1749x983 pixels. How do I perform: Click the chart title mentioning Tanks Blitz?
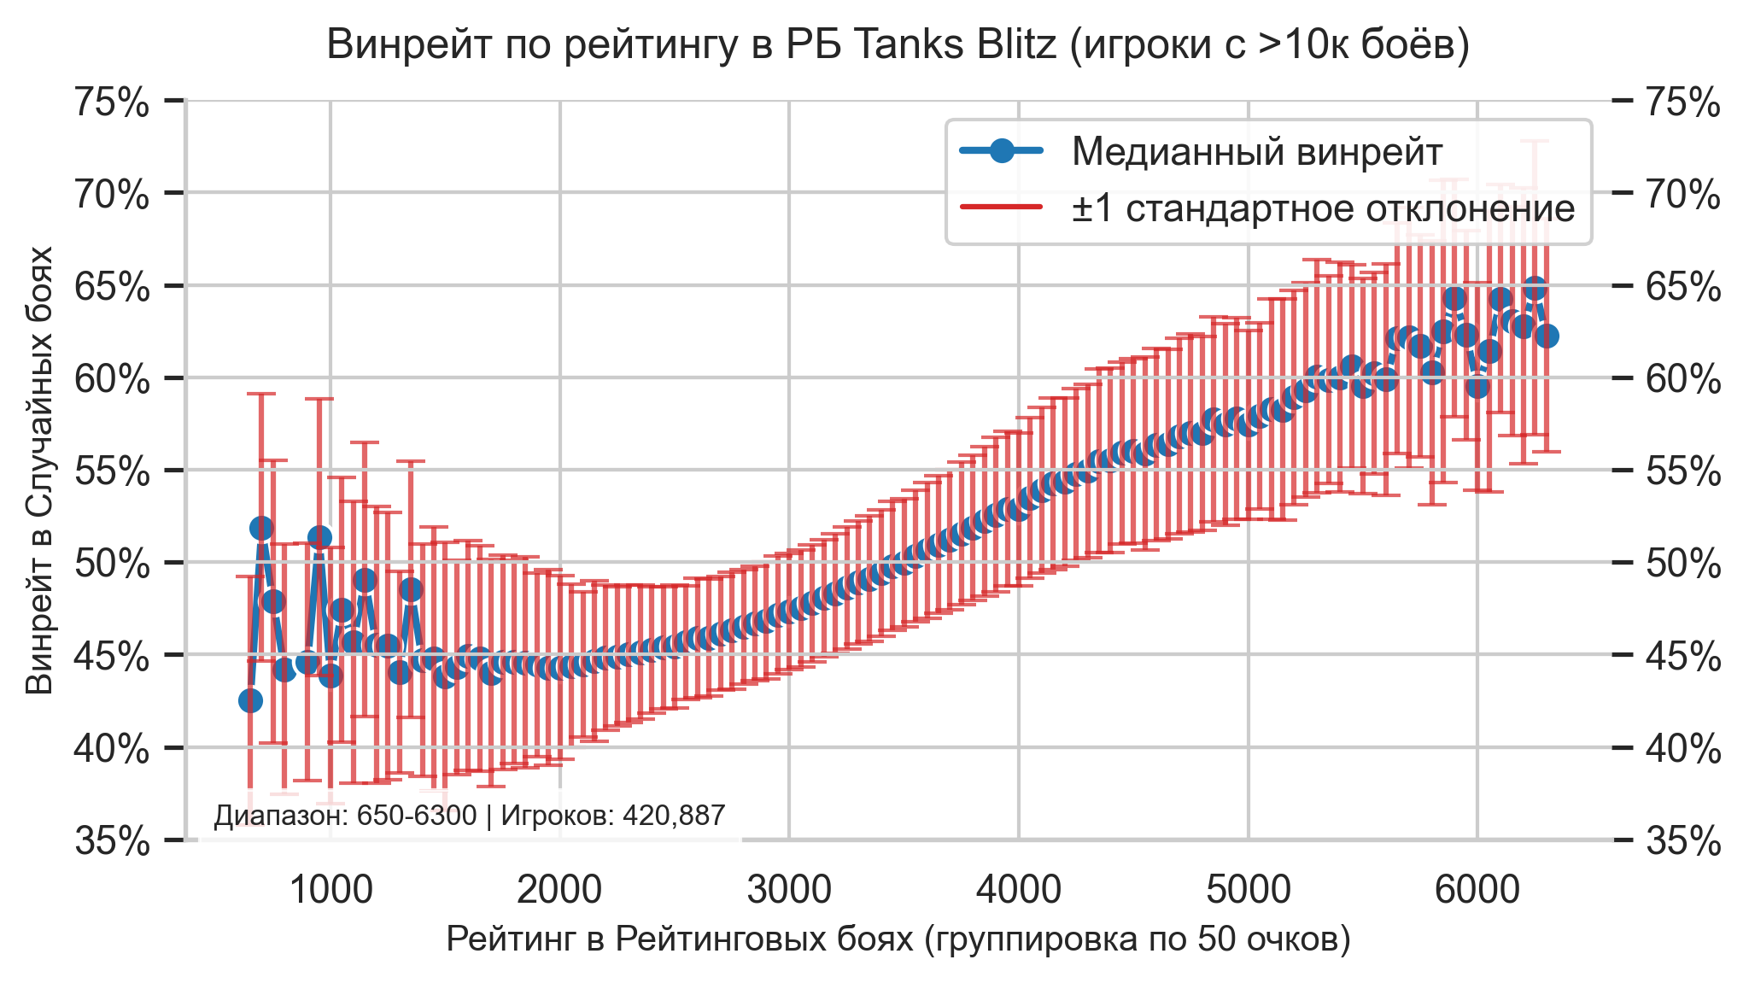pos(898,45)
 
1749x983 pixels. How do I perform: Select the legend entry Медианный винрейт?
pos(1256,152)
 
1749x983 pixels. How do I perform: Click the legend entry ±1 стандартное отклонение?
pos(1323,208)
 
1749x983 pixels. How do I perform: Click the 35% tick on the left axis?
pos(112,841)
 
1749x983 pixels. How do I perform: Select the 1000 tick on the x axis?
pos(330,891)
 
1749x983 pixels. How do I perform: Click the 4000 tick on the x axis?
pos(1019,891)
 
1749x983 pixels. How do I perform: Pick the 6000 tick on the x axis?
pos(1477,891)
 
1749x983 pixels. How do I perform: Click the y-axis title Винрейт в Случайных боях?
pos(39,470)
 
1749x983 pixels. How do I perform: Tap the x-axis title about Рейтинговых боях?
pos(898,939)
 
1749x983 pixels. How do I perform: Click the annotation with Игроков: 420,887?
pos(469,816)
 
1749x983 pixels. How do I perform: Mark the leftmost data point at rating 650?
pos(250,700)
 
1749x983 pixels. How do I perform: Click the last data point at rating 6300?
pos(1547,336)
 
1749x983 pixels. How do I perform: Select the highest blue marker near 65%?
pos(1535,289)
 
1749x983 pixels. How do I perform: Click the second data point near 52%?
pos(261,528)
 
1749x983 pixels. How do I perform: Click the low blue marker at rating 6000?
pos(1477,387)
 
